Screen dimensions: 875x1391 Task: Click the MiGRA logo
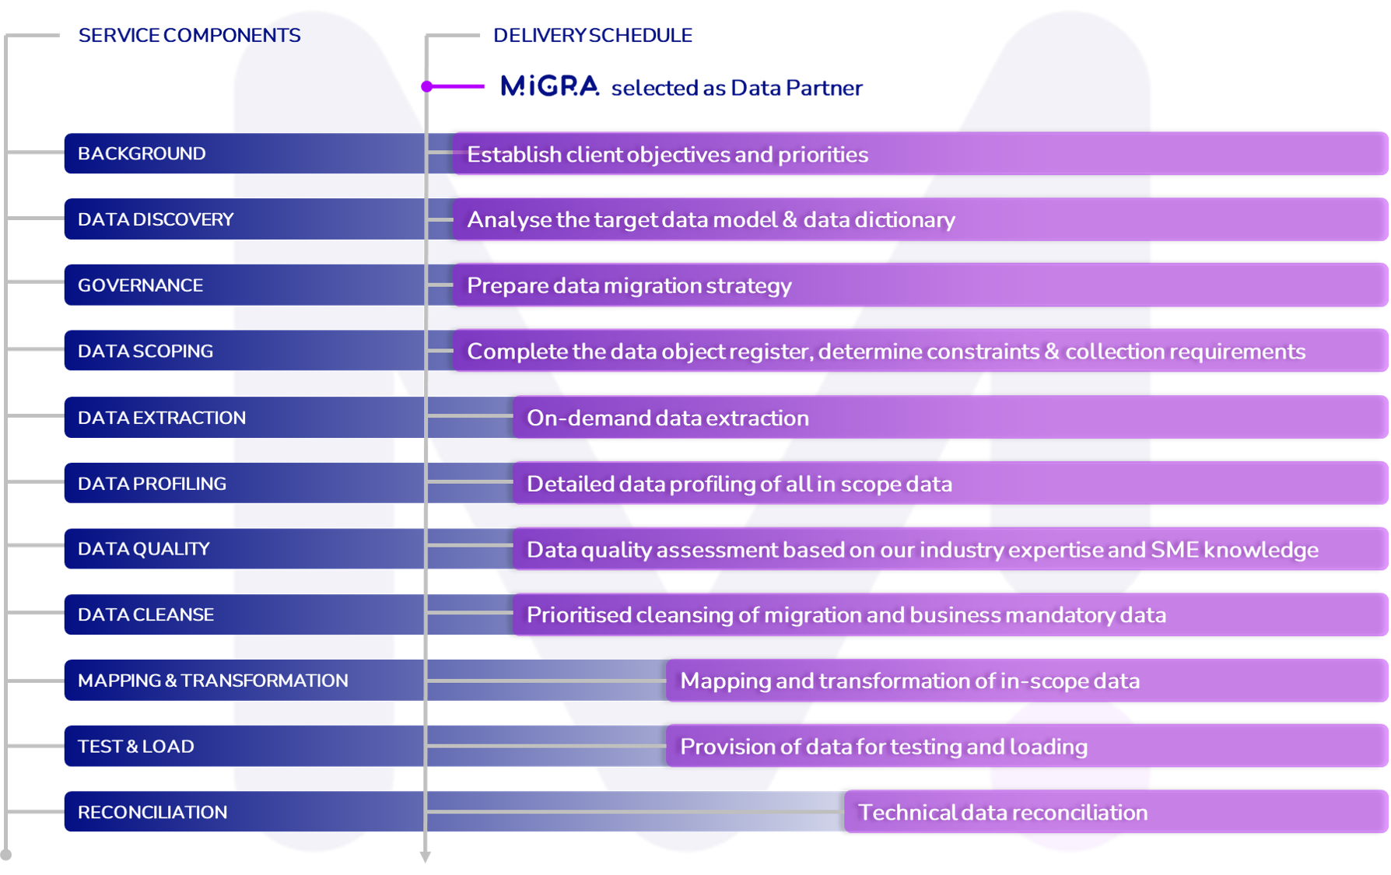[x=549, y=86]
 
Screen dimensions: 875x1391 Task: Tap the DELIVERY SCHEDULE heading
[x=592, y=35]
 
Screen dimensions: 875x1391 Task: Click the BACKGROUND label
[x=142, y=153]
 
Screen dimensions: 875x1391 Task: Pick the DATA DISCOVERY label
[x=156, y=219]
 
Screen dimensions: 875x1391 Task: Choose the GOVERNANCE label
[x=140, y=285]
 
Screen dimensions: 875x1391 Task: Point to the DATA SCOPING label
[x=145, y=351]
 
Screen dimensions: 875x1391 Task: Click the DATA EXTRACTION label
[x=162, y=418]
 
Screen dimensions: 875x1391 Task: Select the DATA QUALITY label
[x=144, y=549]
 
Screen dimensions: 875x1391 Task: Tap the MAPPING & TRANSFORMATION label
[x=212, y=681]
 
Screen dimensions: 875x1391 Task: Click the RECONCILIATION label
[x=152, y=812]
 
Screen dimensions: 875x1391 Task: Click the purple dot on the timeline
[x=427, y=86]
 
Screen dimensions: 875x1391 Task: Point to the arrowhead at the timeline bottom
[x=426, y=857]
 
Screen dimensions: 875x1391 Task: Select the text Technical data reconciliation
[x=1002, y=813]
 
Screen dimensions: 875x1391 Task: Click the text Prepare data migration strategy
[x=629, y=285]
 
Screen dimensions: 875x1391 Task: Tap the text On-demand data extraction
[x=667, y=418]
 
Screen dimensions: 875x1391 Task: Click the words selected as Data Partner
[x=737, y=88]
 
